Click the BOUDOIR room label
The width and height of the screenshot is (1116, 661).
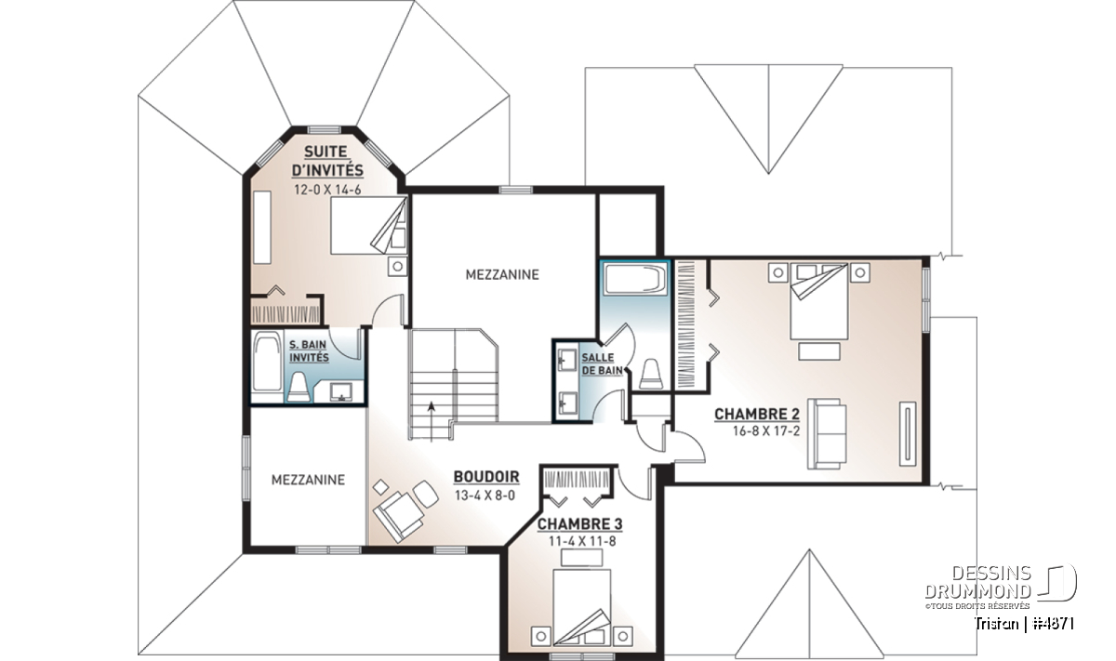pos(486,477)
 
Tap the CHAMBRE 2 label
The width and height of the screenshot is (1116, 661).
pos(757,414)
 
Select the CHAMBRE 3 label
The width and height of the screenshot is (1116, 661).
pos(579,524)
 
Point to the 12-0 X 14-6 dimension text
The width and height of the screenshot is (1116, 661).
pos(327,190)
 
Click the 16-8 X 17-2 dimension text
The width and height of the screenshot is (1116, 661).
pos(766,431)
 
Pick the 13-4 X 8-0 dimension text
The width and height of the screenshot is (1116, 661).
pos(485,496)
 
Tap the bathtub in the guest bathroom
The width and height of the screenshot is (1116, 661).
pos(267,362)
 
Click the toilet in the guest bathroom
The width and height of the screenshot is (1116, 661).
pos(299,387)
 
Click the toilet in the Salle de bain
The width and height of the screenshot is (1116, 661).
pos(652,374)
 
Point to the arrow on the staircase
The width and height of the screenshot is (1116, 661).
pos(432,420)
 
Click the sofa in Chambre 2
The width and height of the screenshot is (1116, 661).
pos(827,433)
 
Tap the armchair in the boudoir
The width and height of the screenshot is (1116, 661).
pos(400,516)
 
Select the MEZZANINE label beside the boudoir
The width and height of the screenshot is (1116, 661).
pos(308,480)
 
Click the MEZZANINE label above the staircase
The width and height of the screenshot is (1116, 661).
pos(502,274)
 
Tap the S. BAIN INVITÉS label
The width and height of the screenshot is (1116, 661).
pos(309,350)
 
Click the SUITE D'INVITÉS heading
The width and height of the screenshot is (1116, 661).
pos(327,161)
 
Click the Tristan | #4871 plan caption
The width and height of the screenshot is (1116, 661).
pos(1024,624)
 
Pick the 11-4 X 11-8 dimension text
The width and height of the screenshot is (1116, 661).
pos(582,541)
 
